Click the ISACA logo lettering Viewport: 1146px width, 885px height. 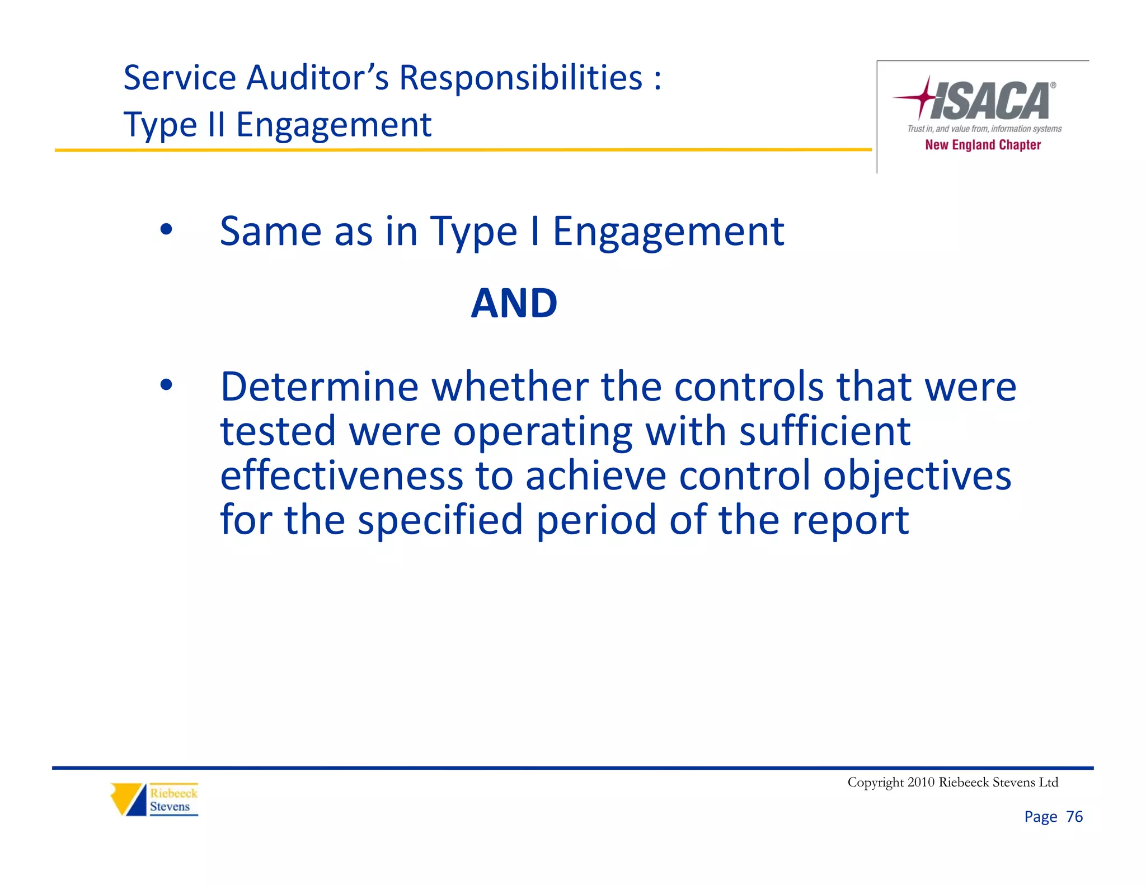point(991,101)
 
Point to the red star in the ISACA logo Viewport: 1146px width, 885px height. point(925,97)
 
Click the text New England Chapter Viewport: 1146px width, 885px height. point(983,145)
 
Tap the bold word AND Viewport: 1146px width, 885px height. point(514,303)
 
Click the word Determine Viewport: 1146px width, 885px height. point(320,387)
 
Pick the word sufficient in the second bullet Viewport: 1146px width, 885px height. point(825,431)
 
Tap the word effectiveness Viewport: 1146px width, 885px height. point(341,476)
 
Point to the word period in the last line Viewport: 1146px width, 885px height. point(597,520)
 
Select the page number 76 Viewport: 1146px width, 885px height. point(1074,817)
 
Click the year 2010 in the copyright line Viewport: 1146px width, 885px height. point(921,782)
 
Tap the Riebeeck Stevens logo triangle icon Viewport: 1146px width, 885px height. point(128,799)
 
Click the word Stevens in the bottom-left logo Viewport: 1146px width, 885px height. point(170,807)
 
